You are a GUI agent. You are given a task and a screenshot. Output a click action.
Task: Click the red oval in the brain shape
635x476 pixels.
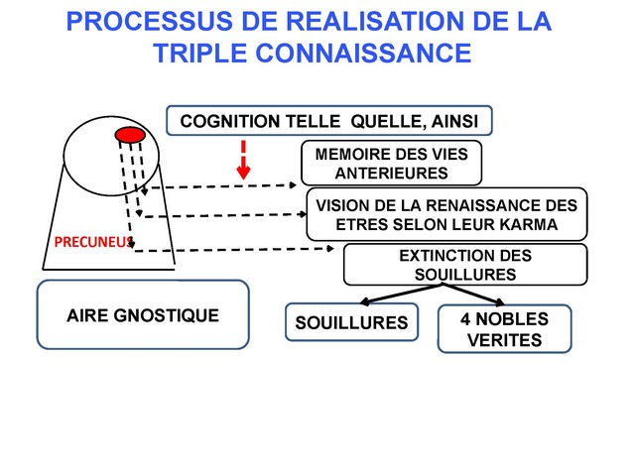(130, 134)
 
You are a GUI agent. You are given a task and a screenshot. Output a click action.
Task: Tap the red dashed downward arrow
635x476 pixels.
(242, 159)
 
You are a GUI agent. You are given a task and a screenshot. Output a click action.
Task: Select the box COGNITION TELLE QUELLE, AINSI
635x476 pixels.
(328, 121)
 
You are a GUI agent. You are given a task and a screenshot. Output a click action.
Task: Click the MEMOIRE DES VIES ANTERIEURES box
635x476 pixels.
(390, 164)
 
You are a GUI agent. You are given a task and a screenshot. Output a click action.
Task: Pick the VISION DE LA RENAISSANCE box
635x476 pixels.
(445, 214)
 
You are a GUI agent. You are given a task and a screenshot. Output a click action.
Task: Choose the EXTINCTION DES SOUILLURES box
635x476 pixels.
(464, 264)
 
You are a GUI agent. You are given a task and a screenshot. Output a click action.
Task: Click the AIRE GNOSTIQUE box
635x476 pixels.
(142, 315)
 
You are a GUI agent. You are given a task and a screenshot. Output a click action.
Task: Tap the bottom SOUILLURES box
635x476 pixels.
(352, 322)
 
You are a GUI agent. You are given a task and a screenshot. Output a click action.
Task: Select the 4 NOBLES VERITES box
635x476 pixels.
(504, 329)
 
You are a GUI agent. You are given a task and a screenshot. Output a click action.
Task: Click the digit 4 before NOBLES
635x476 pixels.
(466, 319)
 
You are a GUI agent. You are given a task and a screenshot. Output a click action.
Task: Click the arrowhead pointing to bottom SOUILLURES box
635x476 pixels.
(363, 302)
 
